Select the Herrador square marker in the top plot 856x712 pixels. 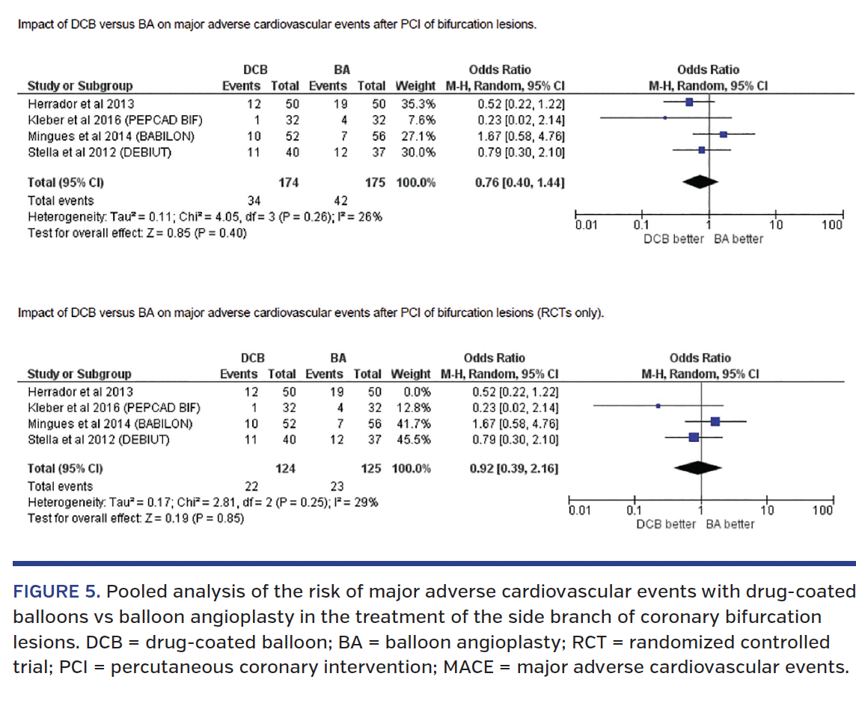pos(689,102)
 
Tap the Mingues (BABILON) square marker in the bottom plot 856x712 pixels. pos(715,422)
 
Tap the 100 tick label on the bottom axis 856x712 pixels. pos(822,511)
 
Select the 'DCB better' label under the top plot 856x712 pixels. pos(673,239)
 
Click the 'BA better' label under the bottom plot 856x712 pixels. pos(730,524)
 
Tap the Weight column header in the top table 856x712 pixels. pos(415,86)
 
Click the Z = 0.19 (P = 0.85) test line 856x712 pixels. pos(135,517)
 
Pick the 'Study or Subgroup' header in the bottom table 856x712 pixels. pos(79,374)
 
